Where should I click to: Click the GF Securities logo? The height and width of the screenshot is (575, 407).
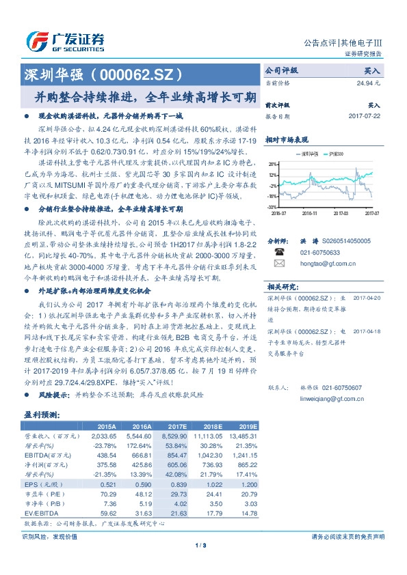point(65,41)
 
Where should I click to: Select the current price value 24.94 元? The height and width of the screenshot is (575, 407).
point(369,83)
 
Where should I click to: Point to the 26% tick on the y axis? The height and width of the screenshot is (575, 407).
point(272,165)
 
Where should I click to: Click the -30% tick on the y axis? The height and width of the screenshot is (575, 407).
point(272,207)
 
